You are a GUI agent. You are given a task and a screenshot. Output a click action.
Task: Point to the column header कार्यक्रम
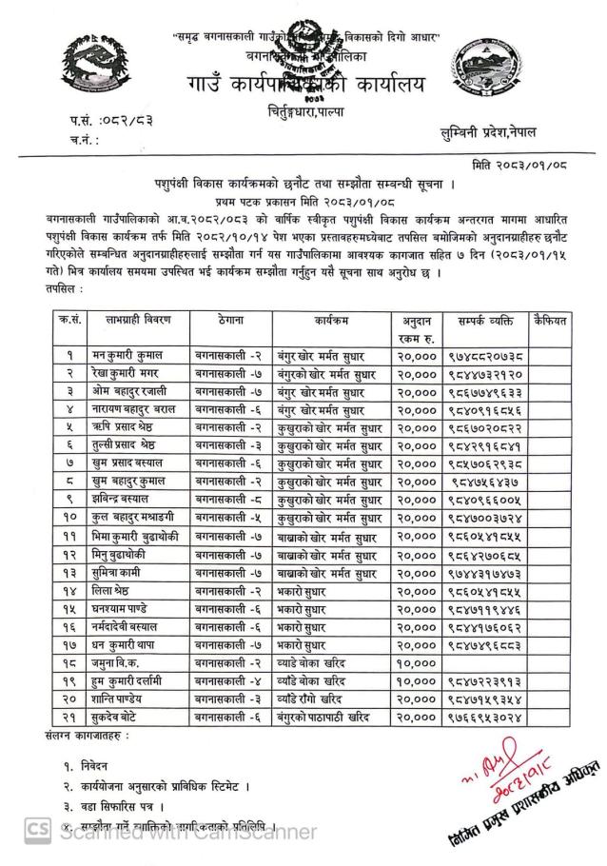[x=328, y=323]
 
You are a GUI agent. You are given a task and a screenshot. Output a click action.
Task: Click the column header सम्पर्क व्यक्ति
[x=485, y=323]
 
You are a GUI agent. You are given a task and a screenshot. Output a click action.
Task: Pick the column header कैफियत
[x=550, y=323]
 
